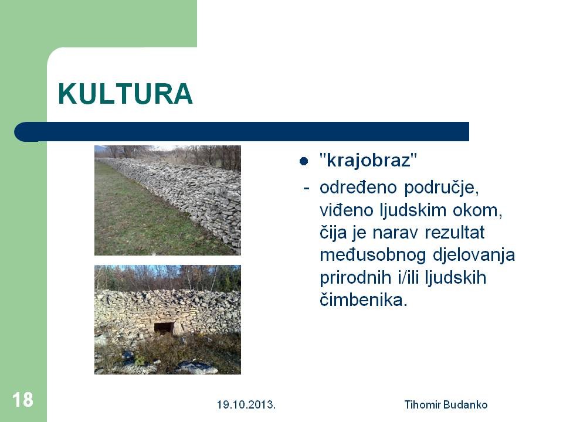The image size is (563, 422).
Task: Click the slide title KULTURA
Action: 125,94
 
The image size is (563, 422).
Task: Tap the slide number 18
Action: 23,399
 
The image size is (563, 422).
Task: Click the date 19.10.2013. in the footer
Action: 246,405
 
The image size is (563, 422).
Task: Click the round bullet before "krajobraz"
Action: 304,161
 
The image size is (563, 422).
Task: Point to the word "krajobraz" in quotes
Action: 368,160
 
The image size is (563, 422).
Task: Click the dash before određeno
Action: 306,188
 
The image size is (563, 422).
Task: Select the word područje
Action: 441,188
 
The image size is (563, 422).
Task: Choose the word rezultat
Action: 455,233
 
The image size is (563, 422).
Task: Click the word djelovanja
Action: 474,256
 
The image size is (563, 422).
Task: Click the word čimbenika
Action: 364,300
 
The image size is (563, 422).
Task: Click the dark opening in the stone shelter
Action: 164,328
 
